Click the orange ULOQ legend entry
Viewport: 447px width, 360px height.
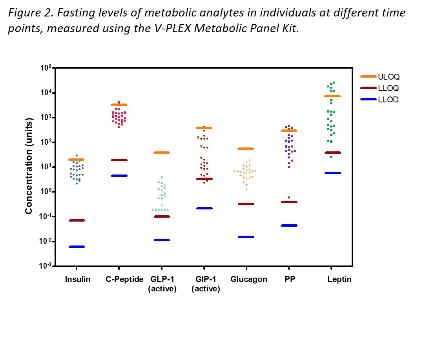[x=380, y=77]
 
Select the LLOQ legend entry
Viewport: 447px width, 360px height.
[x=380, y=88]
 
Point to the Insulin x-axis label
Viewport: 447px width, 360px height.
[x=78, y=280]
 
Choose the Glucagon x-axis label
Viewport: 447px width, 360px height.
[x=249, y=280]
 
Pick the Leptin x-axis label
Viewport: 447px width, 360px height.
[x=339, y=280]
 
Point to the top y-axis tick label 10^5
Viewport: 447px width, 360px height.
[x=46, y=68]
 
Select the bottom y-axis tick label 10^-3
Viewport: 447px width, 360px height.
[x=46, y=266]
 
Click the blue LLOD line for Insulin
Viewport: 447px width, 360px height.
[x=77, y=247]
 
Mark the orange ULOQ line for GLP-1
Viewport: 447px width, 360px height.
[x=161, y=153]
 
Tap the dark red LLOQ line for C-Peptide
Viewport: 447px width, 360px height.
[x=119, y=160]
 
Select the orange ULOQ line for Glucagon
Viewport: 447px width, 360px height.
[x=246, y=149]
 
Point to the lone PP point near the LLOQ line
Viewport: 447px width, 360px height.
[x=289, y=198]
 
